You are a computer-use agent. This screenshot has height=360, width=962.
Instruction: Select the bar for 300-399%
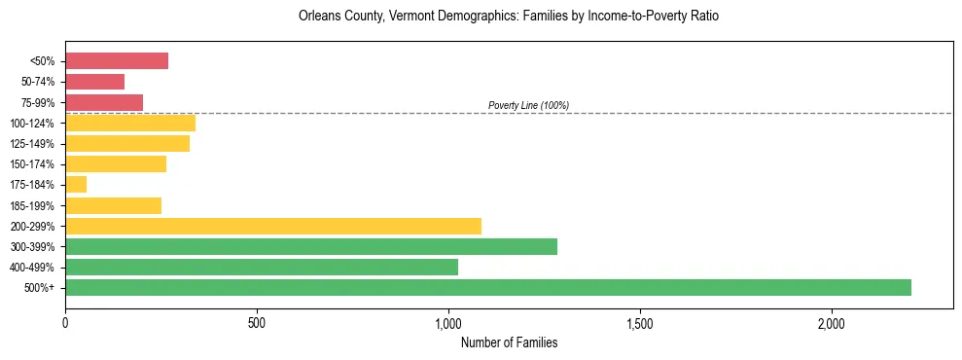pyautogui.click(x=311, y=246)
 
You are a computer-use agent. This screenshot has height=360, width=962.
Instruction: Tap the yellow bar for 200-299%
pyautogui.click(x=273, y=226)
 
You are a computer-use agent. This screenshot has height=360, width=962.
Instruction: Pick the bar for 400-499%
pyautogui.click(x=262, y=267)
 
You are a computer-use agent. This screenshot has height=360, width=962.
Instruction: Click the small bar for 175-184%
pyautogui.click(x=76, y=184)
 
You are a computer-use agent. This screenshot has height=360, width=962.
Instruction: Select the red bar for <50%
pyautogui.click(x=117, y=61)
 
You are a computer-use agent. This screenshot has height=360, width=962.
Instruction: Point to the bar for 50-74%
pyautogui.click(x=95, y=82)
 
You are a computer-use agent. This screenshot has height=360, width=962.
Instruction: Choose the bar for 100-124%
pyautogui.click(x=130, y=123)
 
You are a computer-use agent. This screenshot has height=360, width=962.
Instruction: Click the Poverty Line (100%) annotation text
pyautogui.click(x=528, y=105)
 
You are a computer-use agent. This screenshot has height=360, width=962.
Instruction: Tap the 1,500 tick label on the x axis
pyautogui.click(x=640, y=323)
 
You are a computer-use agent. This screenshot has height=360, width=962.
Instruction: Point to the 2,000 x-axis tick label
pyautogui.click(x=832, y=323)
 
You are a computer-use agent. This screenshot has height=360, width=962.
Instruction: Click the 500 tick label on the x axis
pyautogui.click(x=257, y=323)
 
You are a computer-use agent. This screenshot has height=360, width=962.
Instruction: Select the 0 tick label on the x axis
pyautogui.click(x=65, y=323)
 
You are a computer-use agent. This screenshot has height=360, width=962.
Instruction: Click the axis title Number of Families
pyautogui.click(x=509, y=342)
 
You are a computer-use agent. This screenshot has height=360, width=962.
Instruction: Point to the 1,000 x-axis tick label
pyautogui.click(x=448, y=323)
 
